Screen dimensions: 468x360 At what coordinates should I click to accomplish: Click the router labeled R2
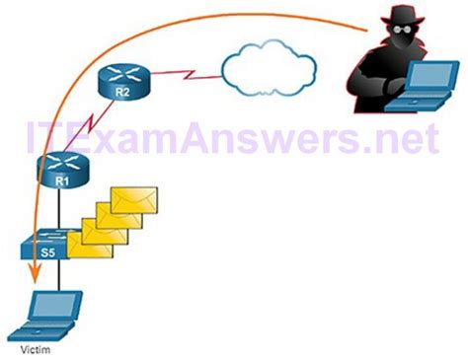point(124,82)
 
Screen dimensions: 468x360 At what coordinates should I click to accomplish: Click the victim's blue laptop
point(56,313)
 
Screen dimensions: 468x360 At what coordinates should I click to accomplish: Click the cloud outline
point(269,67)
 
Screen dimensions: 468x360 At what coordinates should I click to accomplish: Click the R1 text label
point(59,183)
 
